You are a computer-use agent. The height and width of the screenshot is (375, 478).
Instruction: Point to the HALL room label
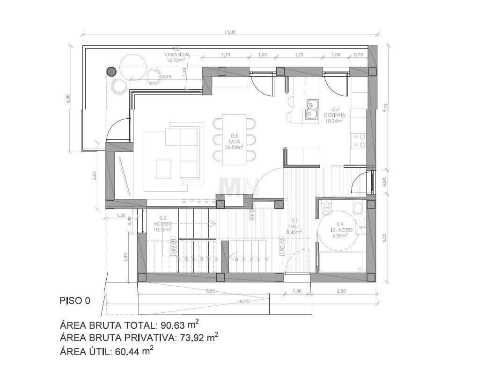[294, 226]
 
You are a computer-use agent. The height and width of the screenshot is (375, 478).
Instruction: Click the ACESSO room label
[166, 224]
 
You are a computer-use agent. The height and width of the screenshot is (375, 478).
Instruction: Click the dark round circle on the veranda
[111, 72]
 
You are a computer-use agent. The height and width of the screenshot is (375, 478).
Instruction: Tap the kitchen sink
[311, 108]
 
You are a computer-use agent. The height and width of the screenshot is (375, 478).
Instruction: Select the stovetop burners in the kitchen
[359, 141]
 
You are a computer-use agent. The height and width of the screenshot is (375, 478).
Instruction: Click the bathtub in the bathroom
[341, 262]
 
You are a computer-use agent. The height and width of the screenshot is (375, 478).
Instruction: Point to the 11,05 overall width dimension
[229, 32]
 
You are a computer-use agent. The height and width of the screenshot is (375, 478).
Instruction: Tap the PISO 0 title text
[75, 301]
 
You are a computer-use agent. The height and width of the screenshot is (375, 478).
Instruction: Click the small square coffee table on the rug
[164, 168]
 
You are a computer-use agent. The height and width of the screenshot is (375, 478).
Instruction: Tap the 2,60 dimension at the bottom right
[341, 291]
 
